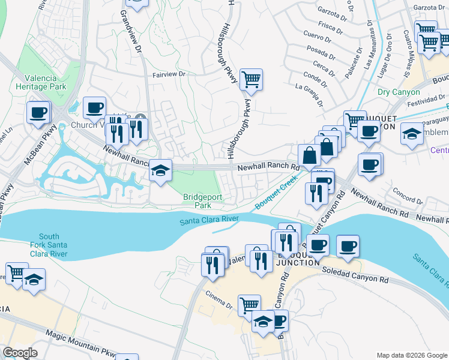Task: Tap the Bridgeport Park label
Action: click(199, 200)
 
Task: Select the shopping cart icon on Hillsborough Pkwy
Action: click(251, 79)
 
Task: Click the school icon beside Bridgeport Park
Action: click(160, 170)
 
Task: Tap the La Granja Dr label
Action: click(310, 90)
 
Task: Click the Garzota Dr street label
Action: click(319, 12)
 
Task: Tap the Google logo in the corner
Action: click(20, 353)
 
